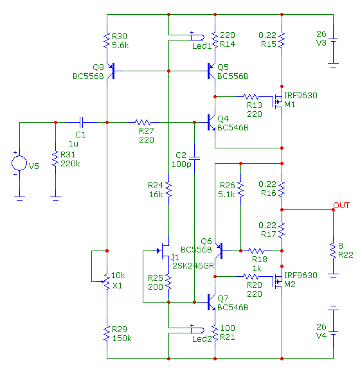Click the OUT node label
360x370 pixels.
pos(341,206)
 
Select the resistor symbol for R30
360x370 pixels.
pos(107,40)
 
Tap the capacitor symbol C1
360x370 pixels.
pos(81,122)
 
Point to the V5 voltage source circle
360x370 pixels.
pos(19,163)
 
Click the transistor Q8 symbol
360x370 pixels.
pos(111,71)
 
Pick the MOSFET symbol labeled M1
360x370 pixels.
pos(278,101)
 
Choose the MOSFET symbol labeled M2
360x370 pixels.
pos(278,281)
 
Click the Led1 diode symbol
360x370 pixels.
pos(197,37)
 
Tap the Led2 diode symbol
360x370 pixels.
pos(197,330)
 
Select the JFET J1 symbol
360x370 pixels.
pos(164,251)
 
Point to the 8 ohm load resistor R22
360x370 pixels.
pos(333,251)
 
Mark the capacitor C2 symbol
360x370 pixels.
pos(194,158)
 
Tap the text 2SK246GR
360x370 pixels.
pos(194,266)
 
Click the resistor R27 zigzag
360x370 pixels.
pos(143,122)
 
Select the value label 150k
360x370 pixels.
pos(122,339)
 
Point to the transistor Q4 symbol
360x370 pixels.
pos(212,122)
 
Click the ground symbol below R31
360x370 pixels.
pos(55,198)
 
